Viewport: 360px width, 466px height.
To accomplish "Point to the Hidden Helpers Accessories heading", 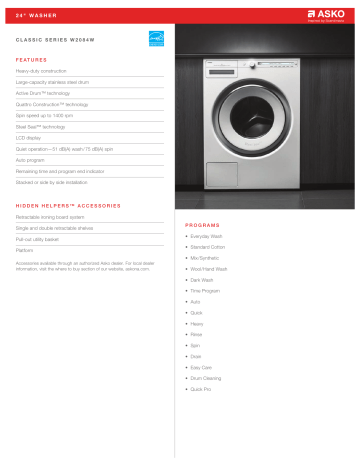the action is (69, 205).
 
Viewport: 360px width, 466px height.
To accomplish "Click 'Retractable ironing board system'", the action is (56, 217).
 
